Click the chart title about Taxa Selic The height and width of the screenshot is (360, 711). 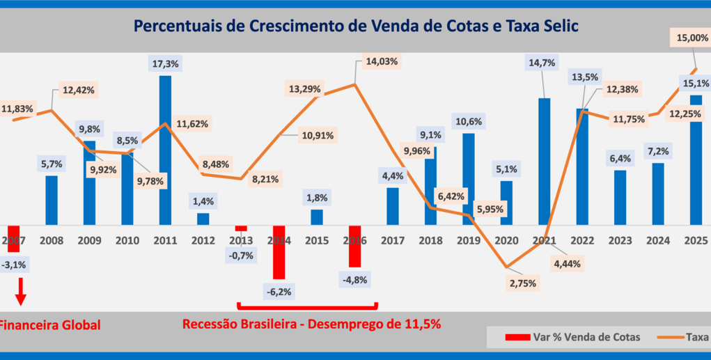tap(355, 26)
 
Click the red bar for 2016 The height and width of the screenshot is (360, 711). tap(355, 246)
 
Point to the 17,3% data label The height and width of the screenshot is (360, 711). tap(165, 63)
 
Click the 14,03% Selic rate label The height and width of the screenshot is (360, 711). tap(381, 61)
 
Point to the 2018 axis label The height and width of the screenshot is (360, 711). tap(431, 240)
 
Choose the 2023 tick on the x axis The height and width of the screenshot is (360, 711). tap(620, 240)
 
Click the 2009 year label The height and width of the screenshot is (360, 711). tap(89, 240)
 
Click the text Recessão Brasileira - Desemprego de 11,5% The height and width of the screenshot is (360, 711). tap(311, 324)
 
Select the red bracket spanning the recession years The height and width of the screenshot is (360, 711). tap(306, 306)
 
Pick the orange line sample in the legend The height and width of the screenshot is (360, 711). tap(669, 338)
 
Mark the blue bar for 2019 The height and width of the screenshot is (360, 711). tap(469, 179)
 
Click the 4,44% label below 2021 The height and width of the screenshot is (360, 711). tap(568, 264)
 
